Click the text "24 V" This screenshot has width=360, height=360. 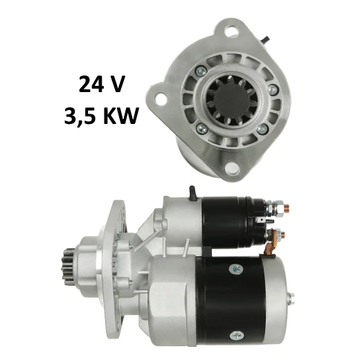coord(102,84)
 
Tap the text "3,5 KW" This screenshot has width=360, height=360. coord(101,116)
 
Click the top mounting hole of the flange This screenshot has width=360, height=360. coord(231,32)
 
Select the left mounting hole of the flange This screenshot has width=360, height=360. coord(161,98)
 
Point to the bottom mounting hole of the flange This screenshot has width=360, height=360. coord(232,168)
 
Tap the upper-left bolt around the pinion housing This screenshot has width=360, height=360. coord(201,71)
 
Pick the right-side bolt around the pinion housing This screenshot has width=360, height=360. coord(273,89)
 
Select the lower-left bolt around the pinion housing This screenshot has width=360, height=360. coord(201,128)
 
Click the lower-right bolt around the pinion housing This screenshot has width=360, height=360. coord(262,129)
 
